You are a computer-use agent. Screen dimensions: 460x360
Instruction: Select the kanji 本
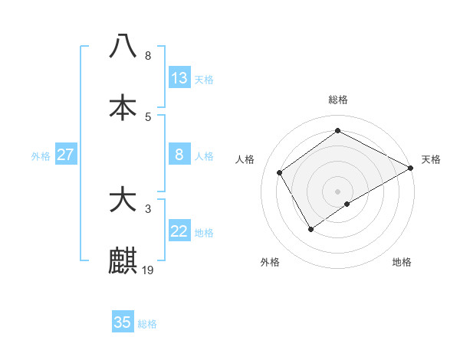pyautogui.click(x=123, y=106)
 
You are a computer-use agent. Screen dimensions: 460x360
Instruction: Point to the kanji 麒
pyautogui.click(x=123, y=260)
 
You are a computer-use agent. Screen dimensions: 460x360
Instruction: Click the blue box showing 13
pyautogui.click(x=179, y=78)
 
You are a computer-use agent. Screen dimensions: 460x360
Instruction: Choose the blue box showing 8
pyautogui.click(x=179, y=155)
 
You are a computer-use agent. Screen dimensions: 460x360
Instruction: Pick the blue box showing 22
pyautogui.click(x=179, y=231)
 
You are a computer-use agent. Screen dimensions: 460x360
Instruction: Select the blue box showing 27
pyautogui.click(x=66, y=155)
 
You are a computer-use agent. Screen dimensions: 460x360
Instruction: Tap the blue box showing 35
pyautogui.click(x=123, y=322)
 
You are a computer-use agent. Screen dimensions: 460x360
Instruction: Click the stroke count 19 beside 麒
pyautogui.click(x=149, y=270)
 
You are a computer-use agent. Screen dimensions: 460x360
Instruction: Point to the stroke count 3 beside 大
pyautogui.click(x=148, y=208)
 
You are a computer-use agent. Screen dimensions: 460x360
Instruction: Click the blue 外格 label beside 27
pyautogui.click(x=41, y=155)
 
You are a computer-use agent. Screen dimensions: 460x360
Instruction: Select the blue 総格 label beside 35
pyautogui.click(x=147, y=324)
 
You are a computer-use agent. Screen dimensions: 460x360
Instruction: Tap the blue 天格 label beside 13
pyautogui.click(x=204, y=80)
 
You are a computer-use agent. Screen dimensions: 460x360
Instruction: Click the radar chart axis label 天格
pyautogui.click(x=431, y=159)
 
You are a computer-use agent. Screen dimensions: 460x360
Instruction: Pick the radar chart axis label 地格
pyautogui.click(x=402, y=262)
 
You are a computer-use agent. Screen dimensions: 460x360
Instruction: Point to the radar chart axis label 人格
pyautogui.click(x=245, y=159)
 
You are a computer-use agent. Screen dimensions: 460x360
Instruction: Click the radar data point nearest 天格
pyautogui.click(x=411, y=169)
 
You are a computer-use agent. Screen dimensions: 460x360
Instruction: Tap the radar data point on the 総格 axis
pyautogui.click(x=337, y=130)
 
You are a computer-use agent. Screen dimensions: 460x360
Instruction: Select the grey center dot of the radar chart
pyautogui.click(x=337, y=191)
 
